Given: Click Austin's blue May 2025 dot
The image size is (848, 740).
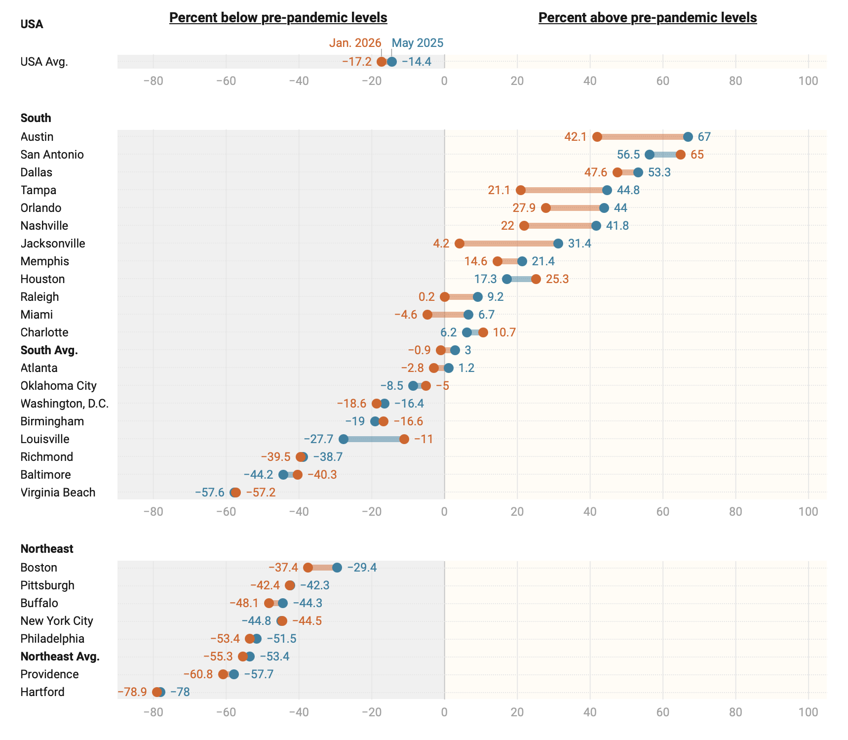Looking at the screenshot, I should tap(688, 137).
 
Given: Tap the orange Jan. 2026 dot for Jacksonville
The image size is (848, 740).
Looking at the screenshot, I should tap(460, 244).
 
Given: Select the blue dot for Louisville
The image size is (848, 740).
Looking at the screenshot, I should tap(344, 439).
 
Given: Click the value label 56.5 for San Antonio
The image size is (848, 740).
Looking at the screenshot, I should tap(628, 155).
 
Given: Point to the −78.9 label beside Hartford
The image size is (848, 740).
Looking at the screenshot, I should tap(132, 692).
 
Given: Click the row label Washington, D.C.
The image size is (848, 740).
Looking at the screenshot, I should tap(65, 404).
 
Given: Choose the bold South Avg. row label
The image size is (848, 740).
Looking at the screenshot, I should tap(49, 350).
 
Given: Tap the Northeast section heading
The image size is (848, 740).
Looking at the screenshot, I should tap(47, 549).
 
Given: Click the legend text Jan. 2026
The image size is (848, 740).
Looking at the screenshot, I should tap(355, 43).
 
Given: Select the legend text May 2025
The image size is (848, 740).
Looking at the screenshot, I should tap(418, 43).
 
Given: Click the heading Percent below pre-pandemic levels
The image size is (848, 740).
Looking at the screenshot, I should tap(278, 18).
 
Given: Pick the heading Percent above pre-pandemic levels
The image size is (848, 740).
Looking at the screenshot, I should tap(648, 18).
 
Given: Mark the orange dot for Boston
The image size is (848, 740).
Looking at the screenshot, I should tap(308, 568).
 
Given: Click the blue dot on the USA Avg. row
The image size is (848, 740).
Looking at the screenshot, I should tap(392, 62).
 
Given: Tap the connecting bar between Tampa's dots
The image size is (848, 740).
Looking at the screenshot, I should tap(564, 190).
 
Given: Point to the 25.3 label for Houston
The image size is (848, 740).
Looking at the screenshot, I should tap(557, 279).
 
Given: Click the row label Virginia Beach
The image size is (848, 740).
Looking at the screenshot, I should tap(58, 493).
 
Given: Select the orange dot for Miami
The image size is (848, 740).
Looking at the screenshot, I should tap(427, 315).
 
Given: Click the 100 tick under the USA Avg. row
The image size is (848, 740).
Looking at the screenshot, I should tap(808, 81).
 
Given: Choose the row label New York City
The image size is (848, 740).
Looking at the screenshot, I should tap(57, 621).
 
